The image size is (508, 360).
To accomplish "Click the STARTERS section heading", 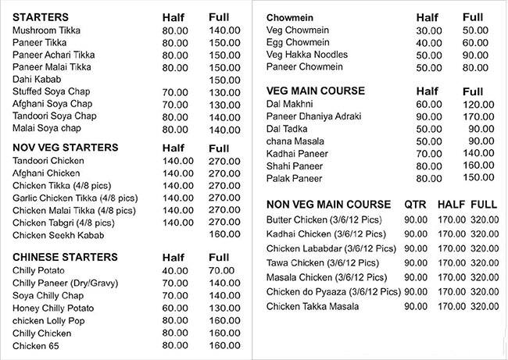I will point(40,16).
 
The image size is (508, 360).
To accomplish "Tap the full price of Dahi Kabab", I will point(224,80).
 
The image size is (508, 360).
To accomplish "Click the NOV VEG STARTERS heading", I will point(66,147).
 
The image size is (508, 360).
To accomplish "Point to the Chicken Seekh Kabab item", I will point(57,234).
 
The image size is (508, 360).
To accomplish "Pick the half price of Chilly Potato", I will point(175,270).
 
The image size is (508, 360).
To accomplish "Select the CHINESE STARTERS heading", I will point(66,257).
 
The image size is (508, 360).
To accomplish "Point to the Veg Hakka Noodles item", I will point(307,55).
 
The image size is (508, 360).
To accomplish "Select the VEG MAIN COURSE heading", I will point(316,91).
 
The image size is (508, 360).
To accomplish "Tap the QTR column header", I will point(415,205).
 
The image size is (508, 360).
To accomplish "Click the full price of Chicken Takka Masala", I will point(485,307).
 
